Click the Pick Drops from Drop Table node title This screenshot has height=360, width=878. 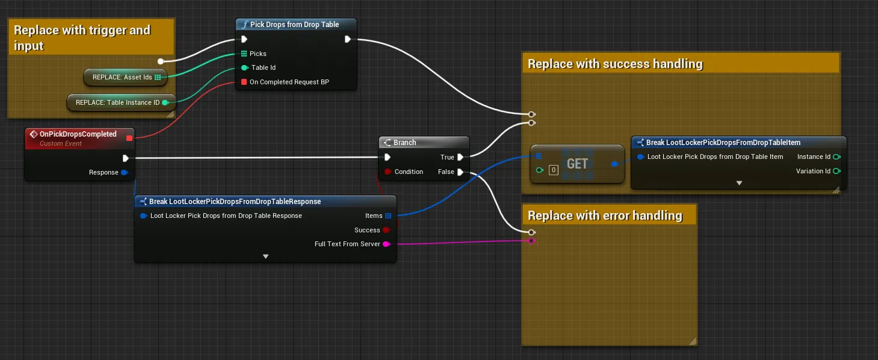tap(294, 24)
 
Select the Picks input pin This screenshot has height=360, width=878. tap(244, 54)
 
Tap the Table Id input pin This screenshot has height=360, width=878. tap(244, 67)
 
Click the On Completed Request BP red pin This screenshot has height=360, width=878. tap(244, 81)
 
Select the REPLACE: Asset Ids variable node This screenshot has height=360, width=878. tap(125, 77)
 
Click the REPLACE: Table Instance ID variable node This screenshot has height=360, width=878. tap(122, 102)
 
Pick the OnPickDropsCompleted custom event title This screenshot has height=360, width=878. tap(78, 134)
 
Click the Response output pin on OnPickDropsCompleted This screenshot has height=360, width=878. tap(125, 172)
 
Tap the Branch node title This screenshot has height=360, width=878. tap(404, 142)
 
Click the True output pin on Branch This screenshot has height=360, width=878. tap(460, 157)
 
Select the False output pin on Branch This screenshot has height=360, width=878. tap(460, 172)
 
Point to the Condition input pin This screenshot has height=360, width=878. tap(388, 172)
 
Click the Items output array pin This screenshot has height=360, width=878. tap(388, 216)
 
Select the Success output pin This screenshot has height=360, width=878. tap(386, 230)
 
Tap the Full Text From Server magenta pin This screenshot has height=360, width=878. tap(386, 244)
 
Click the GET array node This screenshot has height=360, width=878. tap(577, 164)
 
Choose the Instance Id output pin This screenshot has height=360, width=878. tap(836, 157)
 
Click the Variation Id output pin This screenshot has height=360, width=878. tap(836, 171)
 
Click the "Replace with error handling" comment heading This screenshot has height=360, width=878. tap(605, 216)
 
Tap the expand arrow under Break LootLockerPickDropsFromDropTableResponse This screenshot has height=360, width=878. tap(266, 256)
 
